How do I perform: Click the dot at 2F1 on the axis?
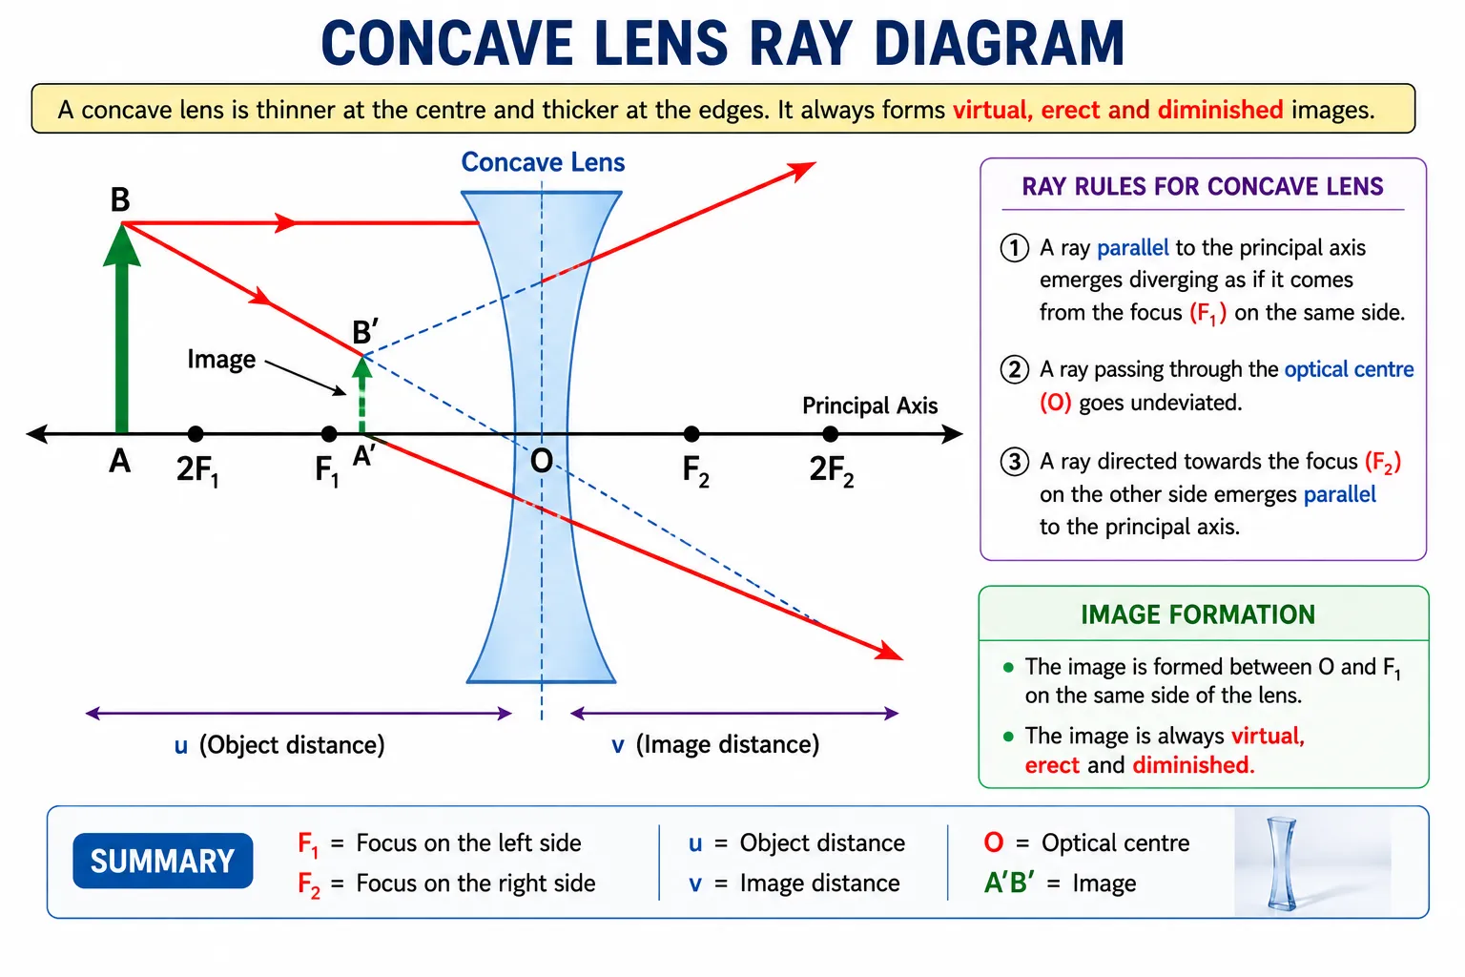tap(195, 433)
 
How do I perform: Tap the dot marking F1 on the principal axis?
tap(329, 433)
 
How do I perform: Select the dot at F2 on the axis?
tap(691, 433)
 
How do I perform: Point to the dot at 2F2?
tap(830, 433)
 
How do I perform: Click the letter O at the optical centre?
tap(542, 462)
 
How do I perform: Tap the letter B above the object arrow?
tap(119, 199)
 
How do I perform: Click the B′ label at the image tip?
tap(365, 332)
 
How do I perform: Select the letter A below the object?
tap(119, 462)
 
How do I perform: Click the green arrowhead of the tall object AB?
tap(122, 245)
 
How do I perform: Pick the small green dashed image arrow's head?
tap(362, 366)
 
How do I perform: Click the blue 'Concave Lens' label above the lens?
tap(543, 162)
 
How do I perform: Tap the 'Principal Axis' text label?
tap(870, 405)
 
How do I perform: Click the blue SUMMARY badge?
tap(163, 861)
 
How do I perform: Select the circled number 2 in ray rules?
tap(1015, 370)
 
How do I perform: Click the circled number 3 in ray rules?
tap(1015, 462)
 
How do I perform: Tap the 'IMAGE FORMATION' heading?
tap(1198, 615)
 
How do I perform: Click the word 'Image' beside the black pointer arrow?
tap(221, 360)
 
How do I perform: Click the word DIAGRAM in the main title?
tap(999, 43)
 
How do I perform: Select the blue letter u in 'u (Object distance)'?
tap(181, 746)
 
